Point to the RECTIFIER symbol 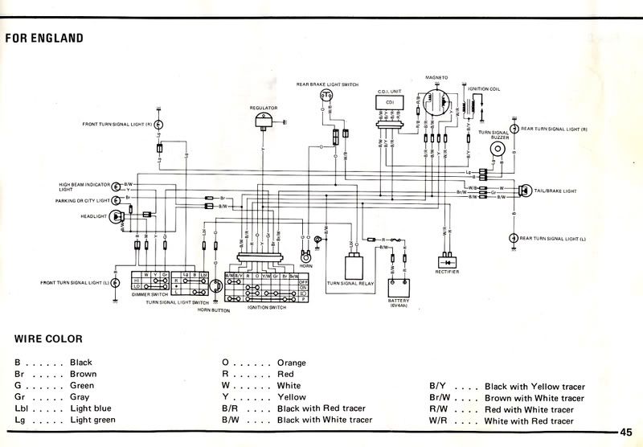(445, 260)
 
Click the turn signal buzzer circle (498, 150)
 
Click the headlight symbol (118, 215)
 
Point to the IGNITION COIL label (484, 88)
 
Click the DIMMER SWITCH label (147, 295)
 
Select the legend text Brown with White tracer (534, 397)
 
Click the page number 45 (627, 431)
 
